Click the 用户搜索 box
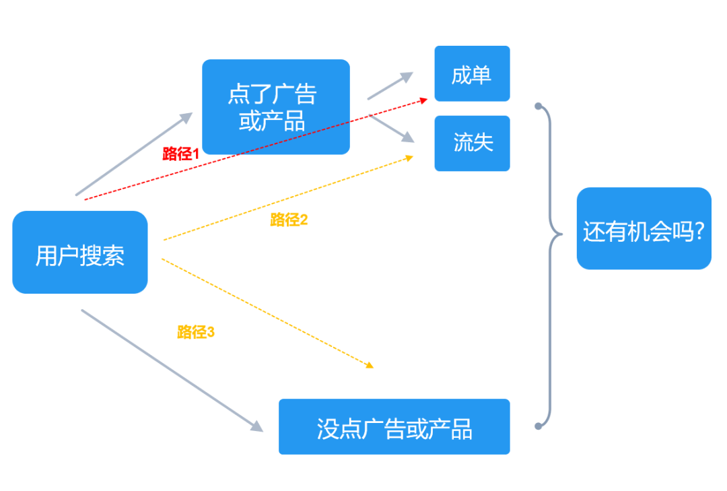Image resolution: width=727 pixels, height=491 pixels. [x=79, y=252]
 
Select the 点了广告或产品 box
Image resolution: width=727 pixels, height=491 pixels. [x=276, y=106]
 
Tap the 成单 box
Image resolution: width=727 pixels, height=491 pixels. [x=472, y=73]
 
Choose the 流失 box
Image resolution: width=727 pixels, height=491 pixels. [x=472, y=143]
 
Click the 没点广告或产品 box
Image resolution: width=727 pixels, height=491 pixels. [x=394, y=426]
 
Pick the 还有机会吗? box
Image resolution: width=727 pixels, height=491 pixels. [x=644, y=228]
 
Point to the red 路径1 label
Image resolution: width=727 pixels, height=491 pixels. [x=181, y=154]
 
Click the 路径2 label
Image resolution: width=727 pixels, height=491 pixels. [x=289, y=220]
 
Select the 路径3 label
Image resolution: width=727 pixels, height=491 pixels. [x=196, y=332]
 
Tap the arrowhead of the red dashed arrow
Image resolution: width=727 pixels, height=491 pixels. [x=424, y=100]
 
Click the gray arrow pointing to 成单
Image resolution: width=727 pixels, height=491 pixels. [x=390, y=86]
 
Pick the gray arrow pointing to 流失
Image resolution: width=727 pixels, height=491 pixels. [x=391, y=129]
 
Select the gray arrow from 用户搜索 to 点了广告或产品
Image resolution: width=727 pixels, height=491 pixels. [x=134, y=154]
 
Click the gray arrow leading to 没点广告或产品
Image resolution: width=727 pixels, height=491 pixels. [x=172, y=370]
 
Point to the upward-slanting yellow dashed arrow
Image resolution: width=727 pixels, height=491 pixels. [x=288, y=198]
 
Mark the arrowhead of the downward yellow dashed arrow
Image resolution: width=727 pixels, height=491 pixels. [x=370, y=365]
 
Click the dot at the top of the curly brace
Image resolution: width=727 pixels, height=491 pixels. [x=539, y=106]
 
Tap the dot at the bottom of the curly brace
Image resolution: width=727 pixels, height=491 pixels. [x=539, y=426]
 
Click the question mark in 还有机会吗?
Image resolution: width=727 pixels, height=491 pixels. [x=699, y=230]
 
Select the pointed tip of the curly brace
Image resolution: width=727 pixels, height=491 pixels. [x=562, y=234]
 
